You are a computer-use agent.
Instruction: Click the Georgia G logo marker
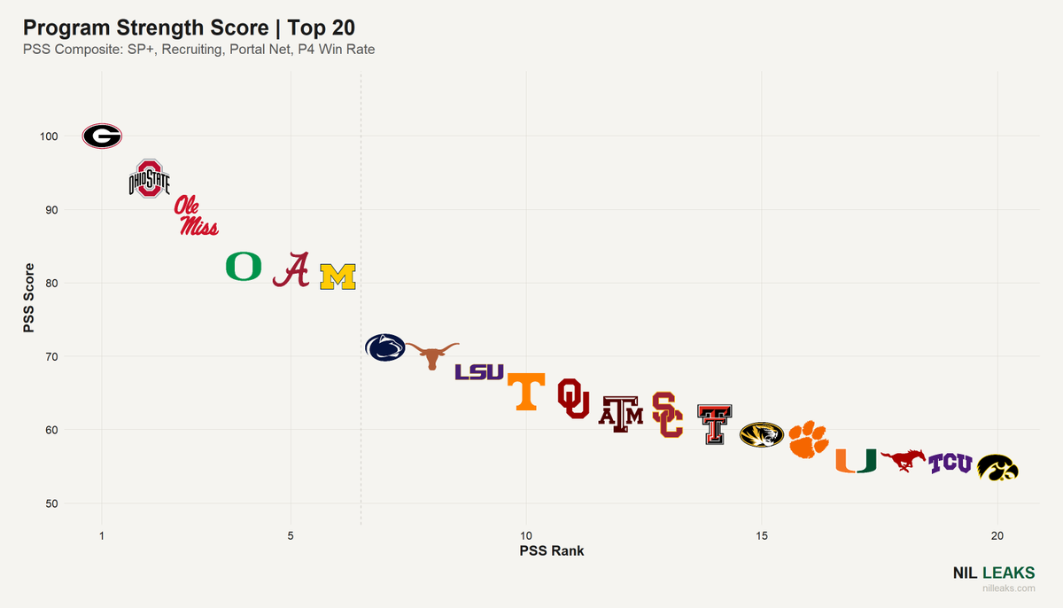coord(102,136)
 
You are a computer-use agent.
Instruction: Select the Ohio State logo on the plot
coord(150,179)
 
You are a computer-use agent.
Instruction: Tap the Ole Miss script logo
coord(196,215)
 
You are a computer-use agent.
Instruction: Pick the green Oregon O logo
coord(244,266)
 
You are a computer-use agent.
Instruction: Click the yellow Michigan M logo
coord(338,277)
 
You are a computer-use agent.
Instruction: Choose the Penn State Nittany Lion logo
coord(384,347)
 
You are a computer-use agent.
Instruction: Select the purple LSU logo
coord(479,372)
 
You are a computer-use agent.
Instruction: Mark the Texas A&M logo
coord(621,415)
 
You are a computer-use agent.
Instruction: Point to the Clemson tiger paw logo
coord(809,439)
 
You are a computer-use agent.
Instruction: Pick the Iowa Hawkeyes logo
coord(997,468)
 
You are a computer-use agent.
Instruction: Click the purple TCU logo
coord(950,464)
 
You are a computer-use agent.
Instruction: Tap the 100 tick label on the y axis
coord(49,136)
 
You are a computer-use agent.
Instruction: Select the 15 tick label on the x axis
coord(762,536)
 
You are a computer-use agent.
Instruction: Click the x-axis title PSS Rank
coord(551,550)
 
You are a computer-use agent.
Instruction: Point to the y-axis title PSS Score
coord(29,298)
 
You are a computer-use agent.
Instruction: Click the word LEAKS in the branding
coord(1008,573)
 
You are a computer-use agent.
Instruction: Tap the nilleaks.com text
coord(1009,589)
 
